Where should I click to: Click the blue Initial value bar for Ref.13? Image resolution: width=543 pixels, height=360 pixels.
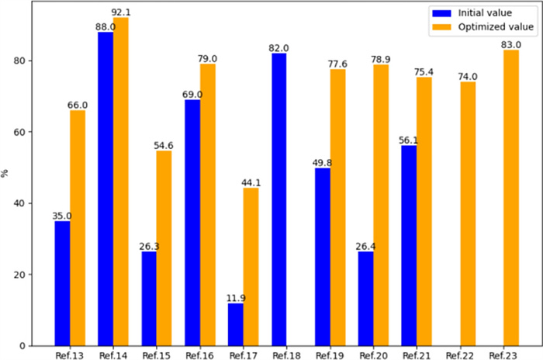point(62,283)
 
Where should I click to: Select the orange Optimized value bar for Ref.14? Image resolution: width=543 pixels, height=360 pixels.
point(121,182)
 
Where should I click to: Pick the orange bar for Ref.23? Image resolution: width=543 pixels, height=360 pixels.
point(511,198)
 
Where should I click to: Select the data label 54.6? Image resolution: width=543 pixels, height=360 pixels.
point(164,145)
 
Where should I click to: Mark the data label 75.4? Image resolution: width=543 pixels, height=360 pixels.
point(424,71)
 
